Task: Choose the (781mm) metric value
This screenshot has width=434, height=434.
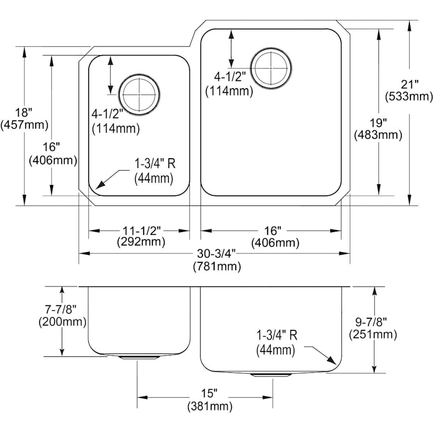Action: pos(217,266)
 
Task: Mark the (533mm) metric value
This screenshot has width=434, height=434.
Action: pos(408,96)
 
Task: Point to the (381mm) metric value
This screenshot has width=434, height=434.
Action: pos(210,407)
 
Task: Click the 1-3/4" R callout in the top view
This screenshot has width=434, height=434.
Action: pos(154,163)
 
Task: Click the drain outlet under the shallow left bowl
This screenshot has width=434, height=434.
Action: pos(138,358)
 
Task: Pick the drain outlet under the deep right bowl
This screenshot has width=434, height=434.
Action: pos(271,374)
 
